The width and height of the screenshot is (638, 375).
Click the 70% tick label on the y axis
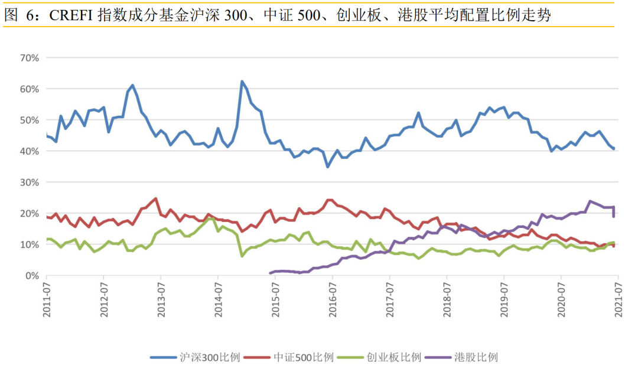tap(29, 58)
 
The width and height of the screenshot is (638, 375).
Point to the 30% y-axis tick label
tap(29, 182)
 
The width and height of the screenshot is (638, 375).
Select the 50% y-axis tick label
tap(29, 120)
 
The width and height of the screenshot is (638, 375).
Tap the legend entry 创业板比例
tap(393, 357)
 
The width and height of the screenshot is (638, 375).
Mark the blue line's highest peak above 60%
tap(242, 81)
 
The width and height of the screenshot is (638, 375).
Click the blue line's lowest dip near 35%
tap(328, 167)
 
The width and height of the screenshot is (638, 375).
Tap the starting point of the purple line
tap(270, 273)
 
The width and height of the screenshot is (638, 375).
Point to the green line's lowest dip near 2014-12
tap(242, 256)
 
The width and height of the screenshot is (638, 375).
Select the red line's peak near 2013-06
tap(155, 198)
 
